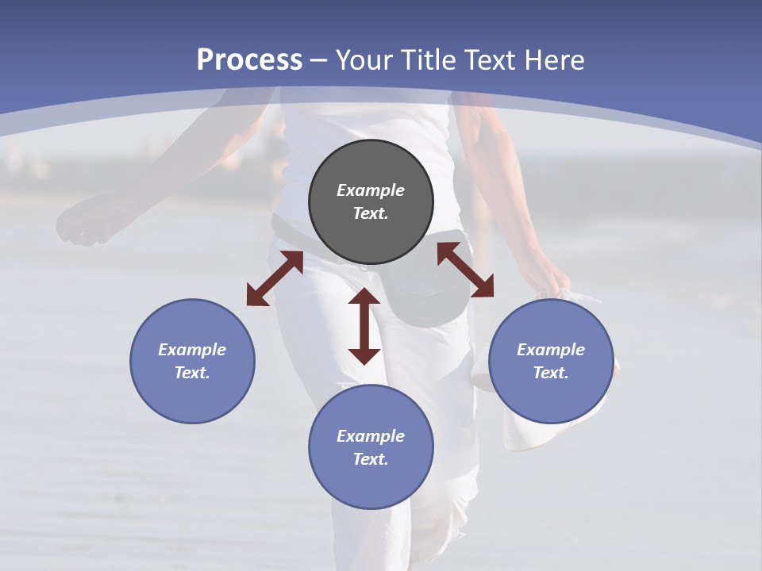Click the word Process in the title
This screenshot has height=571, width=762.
[249, 60]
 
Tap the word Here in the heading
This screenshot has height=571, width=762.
[555, 60]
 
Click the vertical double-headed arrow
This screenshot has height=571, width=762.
[364, 326]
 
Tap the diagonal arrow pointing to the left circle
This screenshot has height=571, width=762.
[275, 278]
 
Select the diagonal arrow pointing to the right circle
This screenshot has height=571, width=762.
[465, 270]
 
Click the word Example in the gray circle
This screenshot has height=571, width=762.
[371, 190]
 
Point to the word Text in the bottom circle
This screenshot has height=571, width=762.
[371, 459]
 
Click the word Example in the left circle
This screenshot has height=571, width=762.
[192, 350]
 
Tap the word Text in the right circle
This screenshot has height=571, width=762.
[551, 373]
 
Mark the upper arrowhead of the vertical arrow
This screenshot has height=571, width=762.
[364, 297]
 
